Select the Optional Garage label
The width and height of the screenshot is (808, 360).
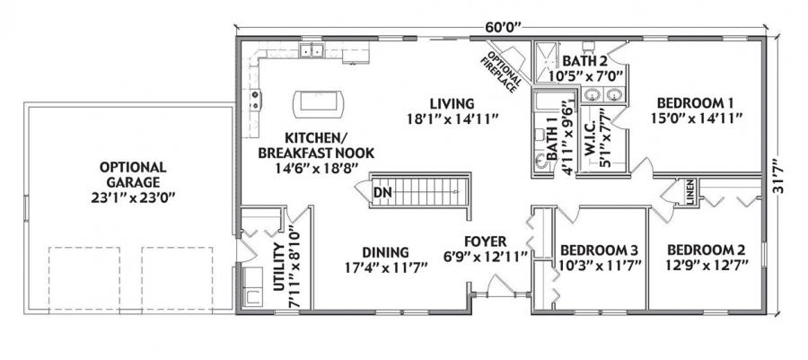tap(132, 167)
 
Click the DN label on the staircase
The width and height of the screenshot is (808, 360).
tap(382, 191)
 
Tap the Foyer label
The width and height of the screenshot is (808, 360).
tap(486, 241)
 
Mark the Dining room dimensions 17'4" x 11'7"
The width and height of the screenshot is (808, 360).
tap(386, 267)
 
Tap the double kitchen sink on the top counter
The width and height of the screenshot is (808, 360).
tap(312, 51)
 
